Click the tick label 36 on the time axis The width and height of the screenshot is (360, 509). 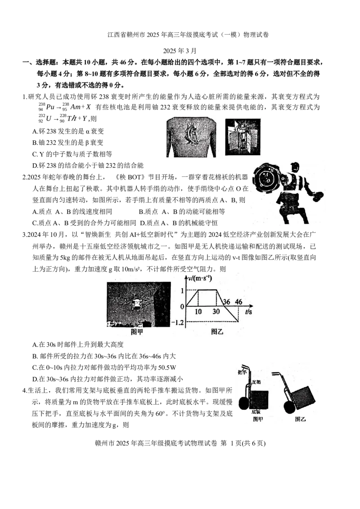tap(226, 302)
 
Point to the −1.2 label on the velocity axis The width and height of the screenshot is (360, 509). tap(177, 322)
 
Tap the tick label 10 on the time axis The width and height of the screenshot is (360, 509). tap(198, 312)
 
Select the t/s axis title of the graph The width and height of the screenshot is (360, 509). tap(248, 312)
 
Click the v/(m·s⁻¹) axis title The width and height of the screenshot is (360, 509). tap(200, 278)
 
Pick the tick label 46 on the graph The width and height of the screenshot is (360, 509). tap(239, 302)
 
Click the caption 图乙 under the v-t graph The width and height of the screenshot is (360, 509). tap(217, 331)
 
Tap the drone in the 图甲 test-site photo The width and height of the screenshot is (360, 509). tap(137, 303)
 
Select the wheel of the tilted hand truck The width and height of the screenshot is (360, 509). tap(288, 407)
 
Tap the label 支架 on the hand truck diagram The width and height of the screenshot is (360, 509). tap(256, 382)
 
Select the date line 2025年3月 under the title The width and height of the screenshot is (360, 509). tap(180, 51)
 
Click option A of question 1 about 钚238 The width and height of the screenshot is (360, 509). tap(68, 131)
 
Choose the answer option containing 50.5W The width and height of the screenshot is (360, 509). tap(104, 367)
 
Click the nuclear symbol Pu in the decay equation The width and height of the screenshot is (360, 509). tap(50, 107)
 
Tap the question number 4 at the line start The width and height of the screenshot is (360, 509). tap(24, 390)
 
